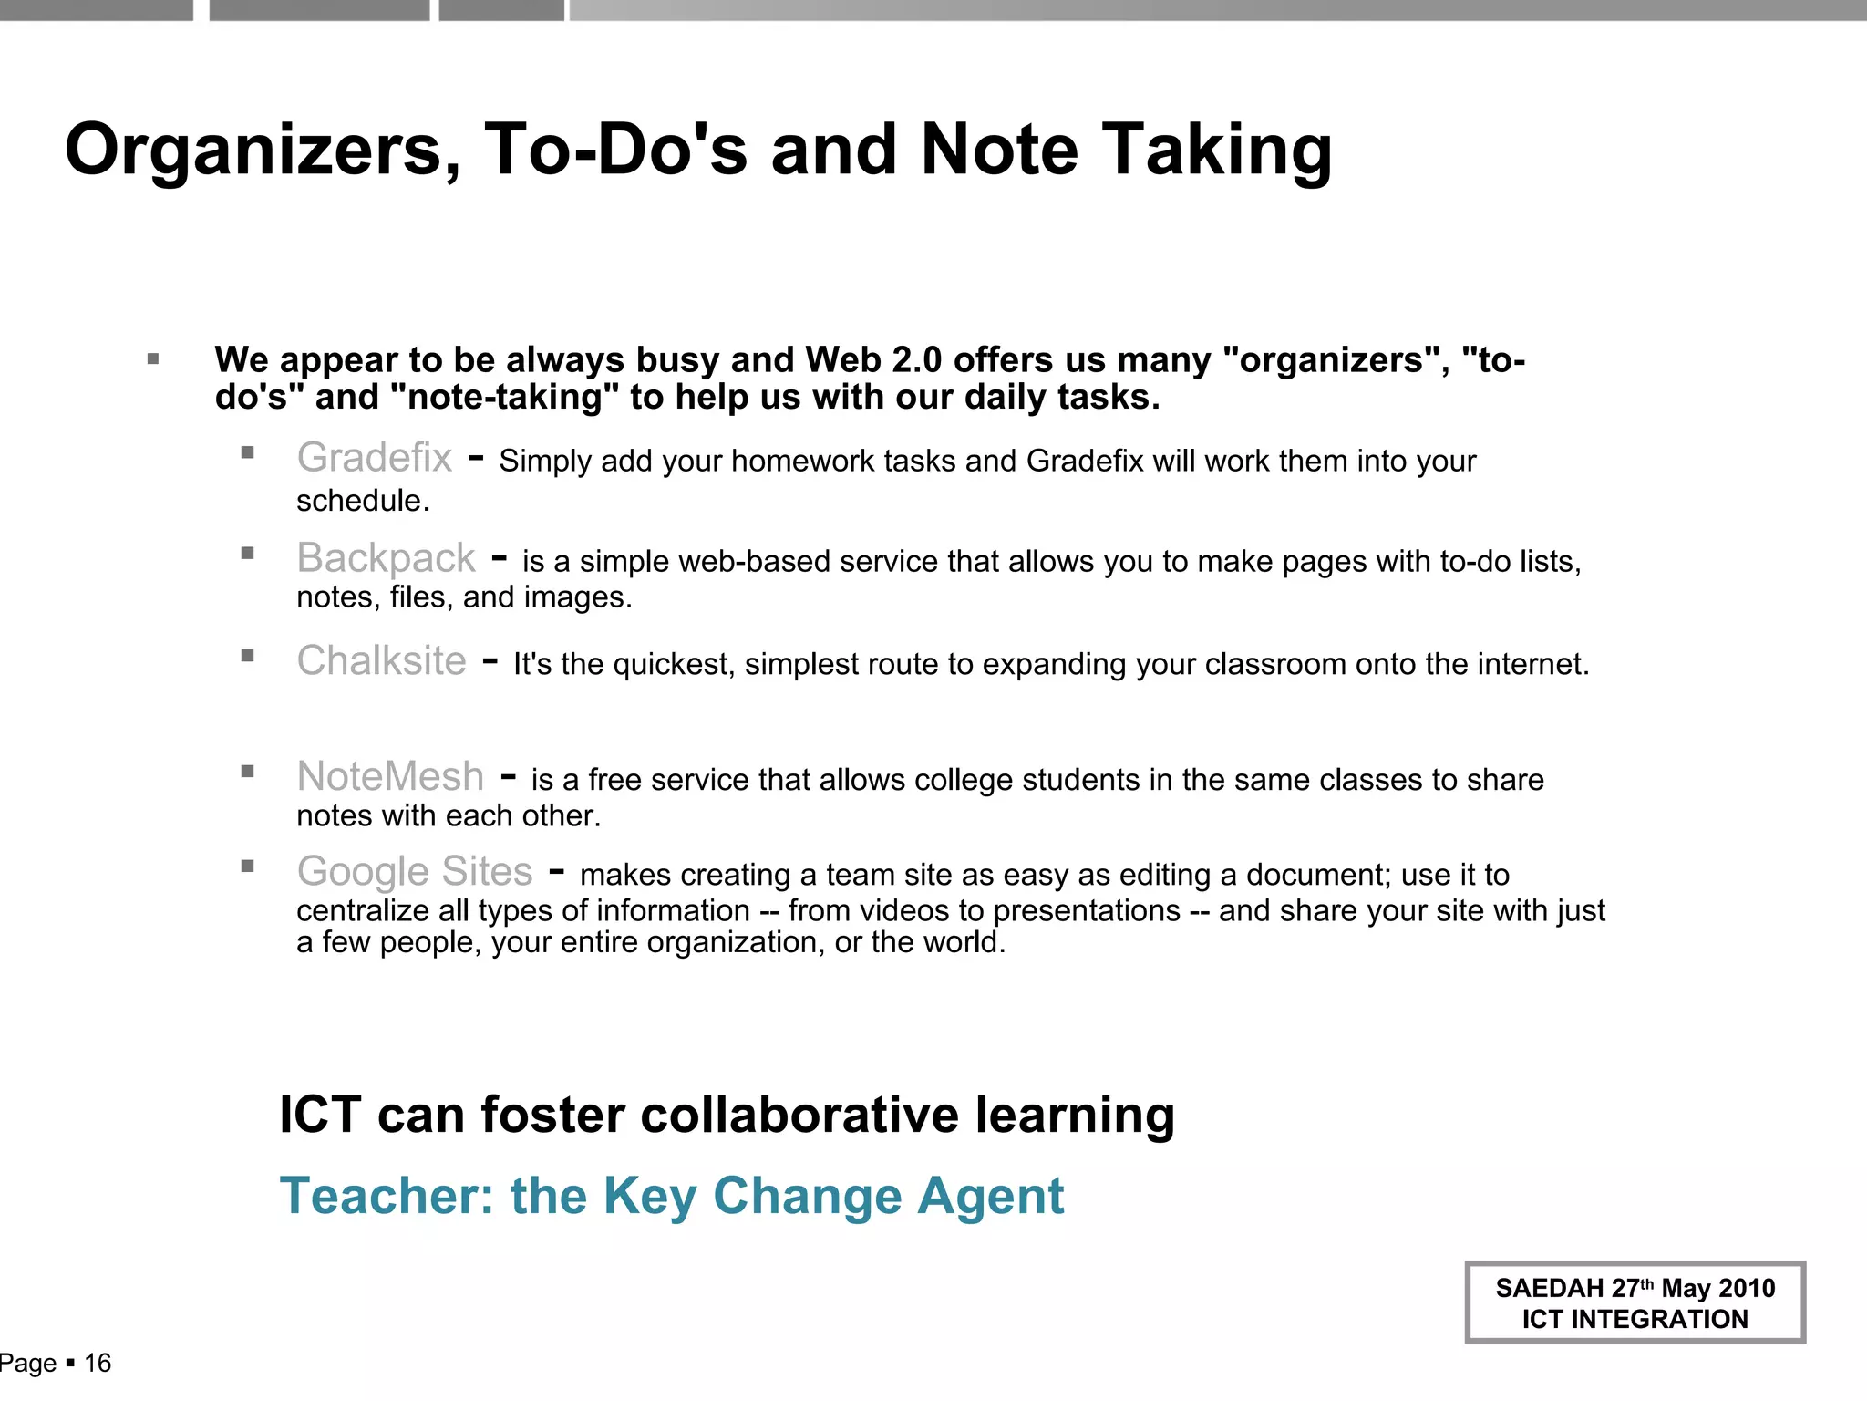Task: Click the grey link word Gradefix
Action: coord(375,458)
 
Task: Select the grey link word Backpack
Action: coord(386,558)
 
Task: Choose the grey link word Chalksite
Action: coord(381,661)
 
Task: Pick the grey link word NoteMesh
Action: coord(390,777)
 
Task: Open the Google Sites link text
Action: coord(415,872)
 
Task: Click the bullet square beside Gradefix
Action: coord(247,452)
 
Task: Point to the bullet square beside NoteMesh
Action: coord(247,772)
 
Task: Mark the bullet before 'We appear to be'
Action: coord(153,359)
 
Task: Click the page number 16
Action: coord(98,1364)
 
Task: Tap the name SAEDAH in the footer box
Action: coord(1549,1289)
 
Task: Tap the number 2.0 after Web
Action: coord(917,361)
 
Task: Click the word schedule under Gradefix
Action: coord(362,501)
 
